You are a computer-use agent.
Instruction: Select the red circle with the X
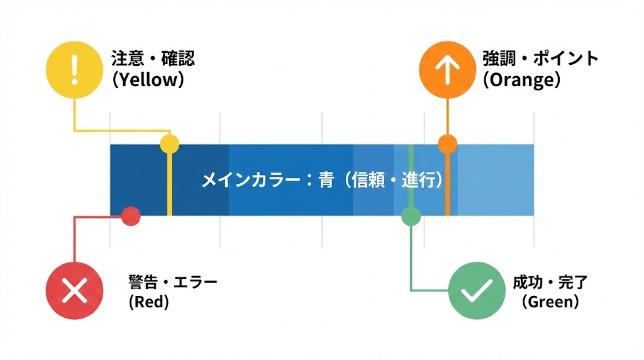75,291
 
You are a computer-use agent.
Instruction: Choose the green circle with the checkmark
477,291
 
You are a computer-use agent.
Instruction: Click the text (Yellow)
148,81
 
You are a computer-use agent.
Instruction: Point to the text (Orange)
521,81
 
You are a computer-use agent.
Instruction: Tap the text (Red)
149,302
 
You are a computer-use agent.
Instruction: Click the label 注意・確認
153,59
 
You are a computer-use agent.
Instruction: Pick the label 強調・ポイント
540,59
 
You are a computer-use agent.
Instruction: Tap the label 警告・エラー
172,281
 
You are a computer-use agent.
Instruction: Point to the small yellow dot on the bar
169,144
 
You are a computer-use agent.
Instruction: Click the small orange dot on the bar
447,144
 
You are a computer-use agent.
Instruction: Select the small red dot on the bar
130,216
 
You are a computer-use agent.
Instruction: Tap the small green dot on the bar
411,216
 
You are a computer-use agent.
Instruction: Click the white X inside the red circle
75,291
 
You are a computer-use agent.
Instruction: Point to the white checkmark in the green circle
477,291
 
